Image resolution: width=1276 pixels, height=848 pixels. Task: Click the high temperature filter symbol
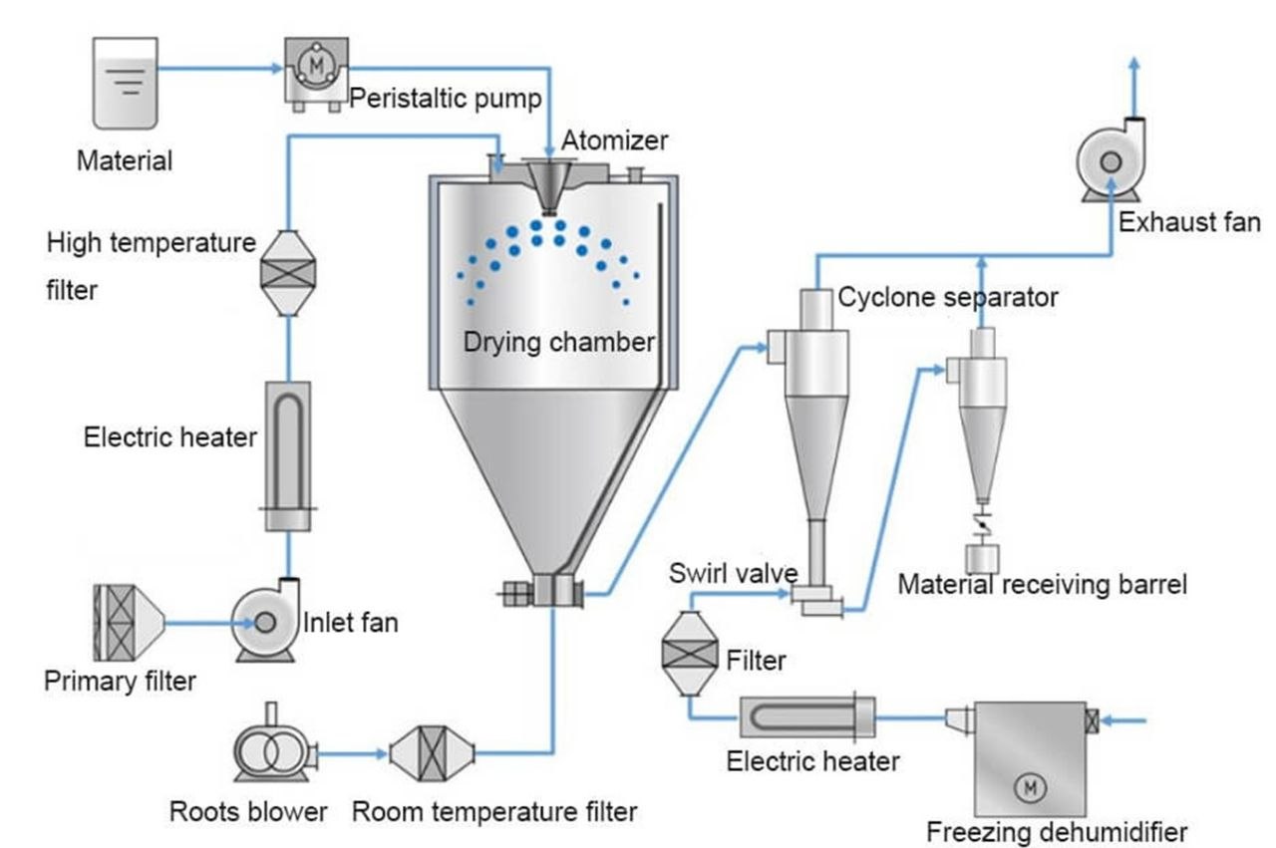point(287,272)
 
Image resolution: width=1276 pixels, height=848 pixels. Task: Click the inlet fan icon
point(265,621)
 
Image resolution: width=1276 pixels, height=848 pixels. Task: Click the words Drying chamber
point(558,343)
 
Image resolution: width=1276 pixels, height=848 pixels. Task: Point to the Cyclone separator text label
point(947,297)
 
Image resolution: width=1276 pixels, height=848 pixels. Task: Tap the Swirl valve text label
point(733,573)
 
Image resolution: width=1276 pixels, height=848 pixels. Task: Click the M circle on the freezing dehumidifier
point(1027,787)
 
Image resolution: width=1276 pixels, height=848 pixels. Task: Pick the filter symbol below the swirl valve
point(690,654)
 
